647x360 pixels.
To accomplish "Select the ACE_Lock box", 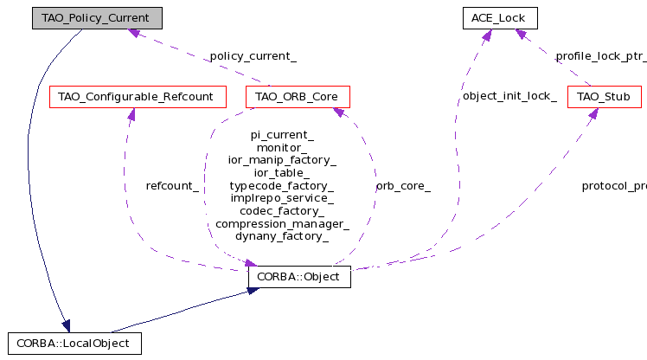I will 499,17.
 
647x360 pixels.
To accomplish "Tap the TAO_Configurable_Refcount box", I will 138,96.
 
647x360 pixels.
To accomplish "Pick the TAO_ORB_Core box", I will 298,96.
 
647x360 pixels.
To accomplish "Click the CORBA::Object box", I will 298,277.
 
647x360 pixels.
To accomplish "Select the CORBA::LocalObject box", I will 73,343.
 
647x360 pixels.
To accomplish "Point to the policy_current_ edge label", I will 252,57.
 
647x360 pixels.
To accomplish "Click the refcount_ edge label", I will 173,186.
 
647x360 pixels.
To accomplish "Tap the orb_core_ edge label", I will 403,186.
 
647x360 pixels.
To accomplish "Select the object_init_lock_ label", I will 509,96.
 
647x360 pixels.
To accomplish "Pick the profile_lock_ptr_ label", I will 600,57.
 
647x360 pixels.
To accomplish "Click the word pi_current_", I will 282,136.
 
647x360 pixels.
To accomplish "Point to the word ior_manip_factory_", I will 282,161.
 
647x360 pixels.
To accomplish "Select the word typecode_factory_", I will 282,186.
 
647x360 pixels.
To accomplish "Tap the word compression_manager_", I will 282,224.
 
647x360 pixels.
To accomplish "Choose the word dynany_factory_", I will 282,236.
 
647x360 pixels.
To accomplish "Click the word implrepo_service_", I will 282,198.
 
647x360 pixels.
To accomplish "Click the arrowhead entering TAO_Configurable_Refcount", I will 130,113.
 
